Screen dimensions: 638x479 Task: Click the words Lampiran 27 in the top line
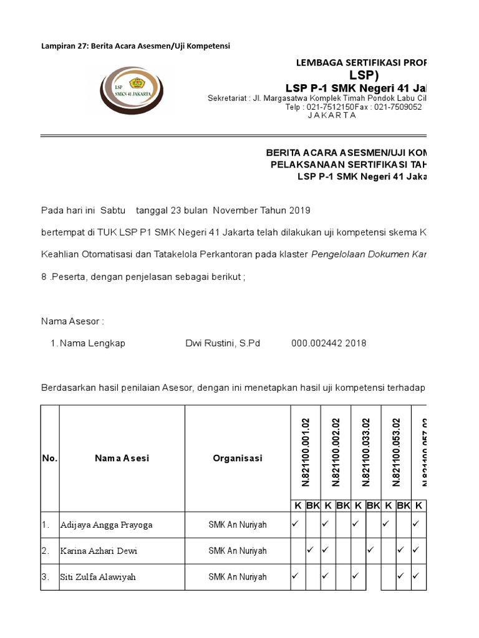(x=63, y=46)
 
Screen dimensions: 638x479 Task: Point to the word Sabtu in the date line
(x=113, y=211)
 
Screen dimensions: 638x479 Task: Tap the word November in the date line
(x=244, y=211)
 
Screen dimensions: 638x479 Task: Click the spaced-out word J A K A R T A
(x=332, y=115)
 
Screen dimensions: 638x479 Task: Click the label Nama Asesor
(x=72, y=321)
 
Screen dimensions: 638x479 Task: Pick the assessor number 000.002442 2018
(x=329, y=343)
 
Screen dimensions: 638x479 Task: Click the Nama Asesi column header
(x=122, y=458)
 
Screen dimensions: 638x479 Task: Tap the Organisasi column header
(x=237, y=458)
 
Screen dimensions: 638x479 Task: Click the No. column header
(x=50, y=458)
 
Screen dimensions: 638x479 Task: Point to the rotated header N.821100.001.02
(x=306, y=452)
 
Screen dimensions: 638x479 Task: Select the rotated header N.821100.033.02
(x=366, y=452)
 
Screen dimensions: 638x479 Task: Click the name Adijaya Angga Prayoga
(x=106, y=525)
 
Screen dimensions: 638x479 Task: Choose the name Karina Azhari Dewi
(x=99, y=551)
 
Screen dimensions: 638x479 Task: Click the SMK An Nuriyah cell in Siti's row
(x=237, y=577)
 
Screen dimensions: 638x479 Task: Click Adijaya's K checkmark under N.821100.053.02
(x=386, y=524)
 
